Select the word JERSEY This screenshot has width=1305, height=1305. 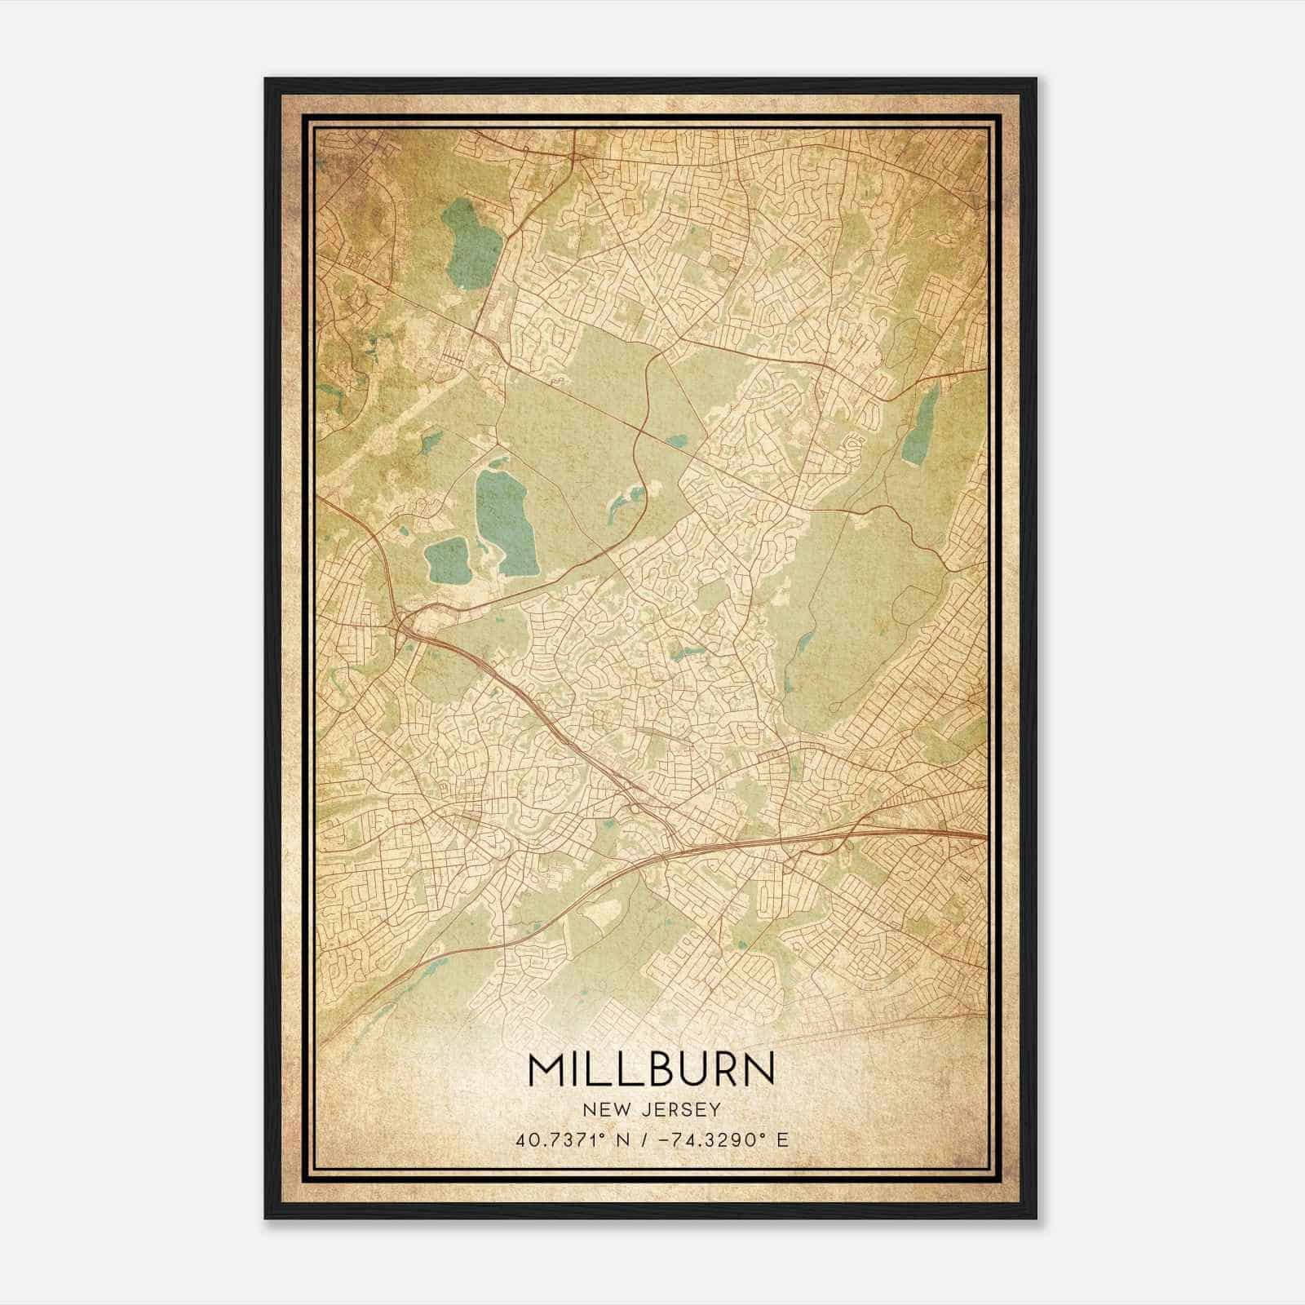pos(679,1110)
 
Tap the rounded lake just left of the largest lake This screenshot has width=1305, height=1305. pos(445,561)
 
